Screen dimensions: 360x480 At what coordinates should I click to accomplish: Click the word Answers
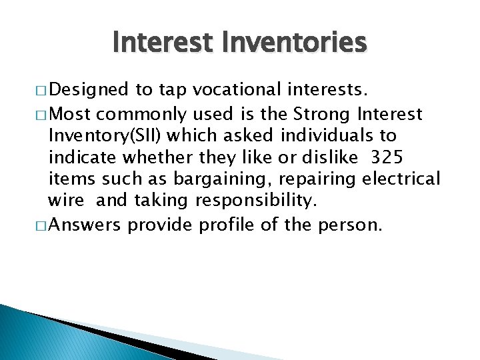click(84, 225)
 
